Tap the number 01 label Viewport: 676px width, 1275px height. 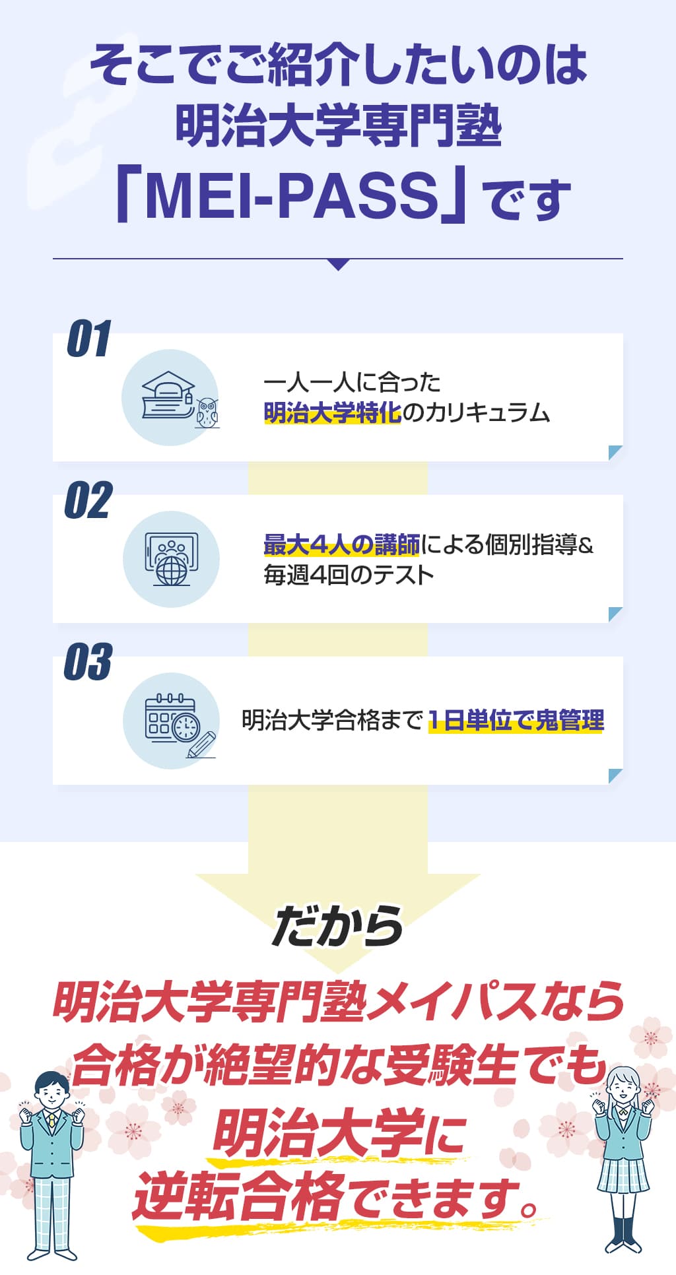(x=88, y=339)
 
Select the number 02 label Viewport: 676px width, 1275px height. (x=88, y=500)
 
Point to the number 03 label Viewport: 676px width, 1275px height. (x=88, y=662)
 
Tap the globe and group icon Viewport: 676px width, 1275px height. (x=171, y=559)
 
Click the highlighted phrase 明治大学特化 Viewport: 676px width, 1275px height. (x=332, y=412)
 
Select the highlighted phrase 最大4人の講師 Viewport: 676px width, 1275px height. (x=341, y=545)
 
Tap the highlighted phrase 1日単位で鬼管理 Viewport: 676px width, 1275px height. (x=516, y=720)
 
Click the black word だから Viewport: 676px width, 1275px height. (x=337, y=926)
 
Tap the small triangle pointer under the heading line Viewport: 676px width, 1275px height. (x=338, y=265)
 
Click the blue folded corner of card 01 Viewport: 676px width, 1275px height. (x=615, y=453)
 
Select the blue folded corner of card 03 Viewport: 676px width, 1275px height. (x=615, y=776)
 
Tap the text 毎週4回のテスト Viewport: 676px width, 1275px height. (x=349, y=575)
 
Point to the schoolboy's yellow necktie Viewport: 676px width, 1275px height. (x=51, y=1121)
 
